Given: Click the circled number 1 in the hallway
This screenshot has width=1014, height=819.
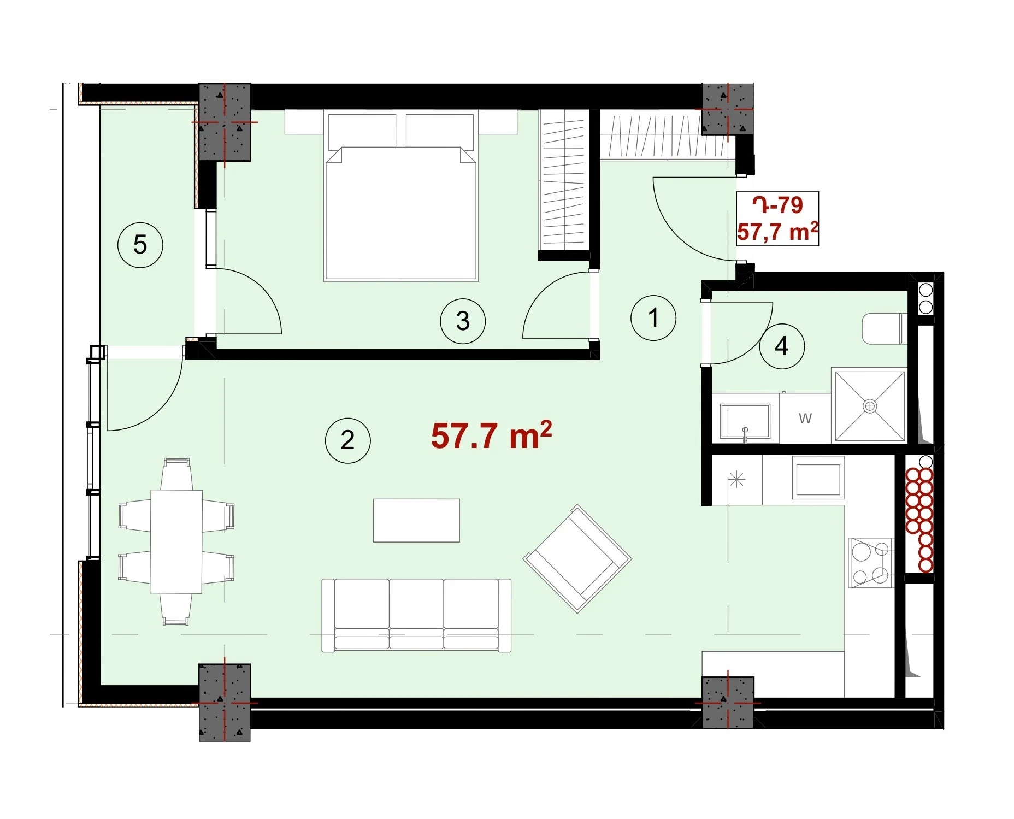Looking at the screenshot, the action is point(653,318).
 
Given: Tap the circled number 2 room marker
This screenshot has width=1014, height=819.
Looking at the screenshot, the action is point(347,440).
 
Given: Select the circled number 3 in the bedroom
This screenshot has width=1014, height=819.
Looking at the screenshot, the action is point(463,321).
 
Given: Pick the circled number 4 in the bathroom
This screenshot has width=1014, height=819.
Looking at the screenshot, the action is point(782,346).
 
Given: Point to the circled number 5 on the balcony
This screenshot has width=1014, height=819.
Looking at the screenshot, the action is point(140,245).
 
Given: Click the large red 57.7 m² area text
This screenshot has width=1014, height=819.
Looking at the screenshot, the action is point(491,435).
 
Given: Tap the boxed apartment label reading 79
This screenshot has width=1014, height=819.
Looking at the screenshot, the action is point(777,219).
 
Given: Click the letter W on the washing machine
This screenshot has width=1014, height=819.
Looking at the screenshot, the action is point(805,419).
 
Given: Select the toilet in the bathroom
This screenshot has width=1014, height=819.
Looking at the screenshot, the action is point(884,328).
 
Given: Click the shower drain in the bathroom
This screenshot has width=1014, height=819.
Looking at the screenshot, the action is point(870,406).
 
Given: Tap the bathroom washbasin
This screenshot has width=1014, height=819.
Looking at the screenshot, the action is point(745,421).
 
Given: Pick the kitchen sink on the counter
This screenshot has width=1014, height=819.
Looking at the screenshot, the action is point(818,479).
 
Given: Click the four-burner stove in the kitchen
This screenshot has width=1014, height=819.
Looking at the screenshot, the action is point(871,563).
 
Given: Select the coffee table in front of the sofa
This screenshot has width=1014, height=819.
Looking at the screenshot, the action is point(416,520).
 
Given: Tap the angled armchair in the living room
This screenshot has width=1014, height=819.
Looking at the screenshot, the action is point(577,558).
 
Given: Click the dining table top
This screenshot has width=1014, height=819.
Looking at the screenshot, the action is point(176,541).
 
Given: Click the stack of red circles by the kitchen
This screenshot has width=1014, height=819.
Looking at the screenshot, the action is point(919,519).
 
